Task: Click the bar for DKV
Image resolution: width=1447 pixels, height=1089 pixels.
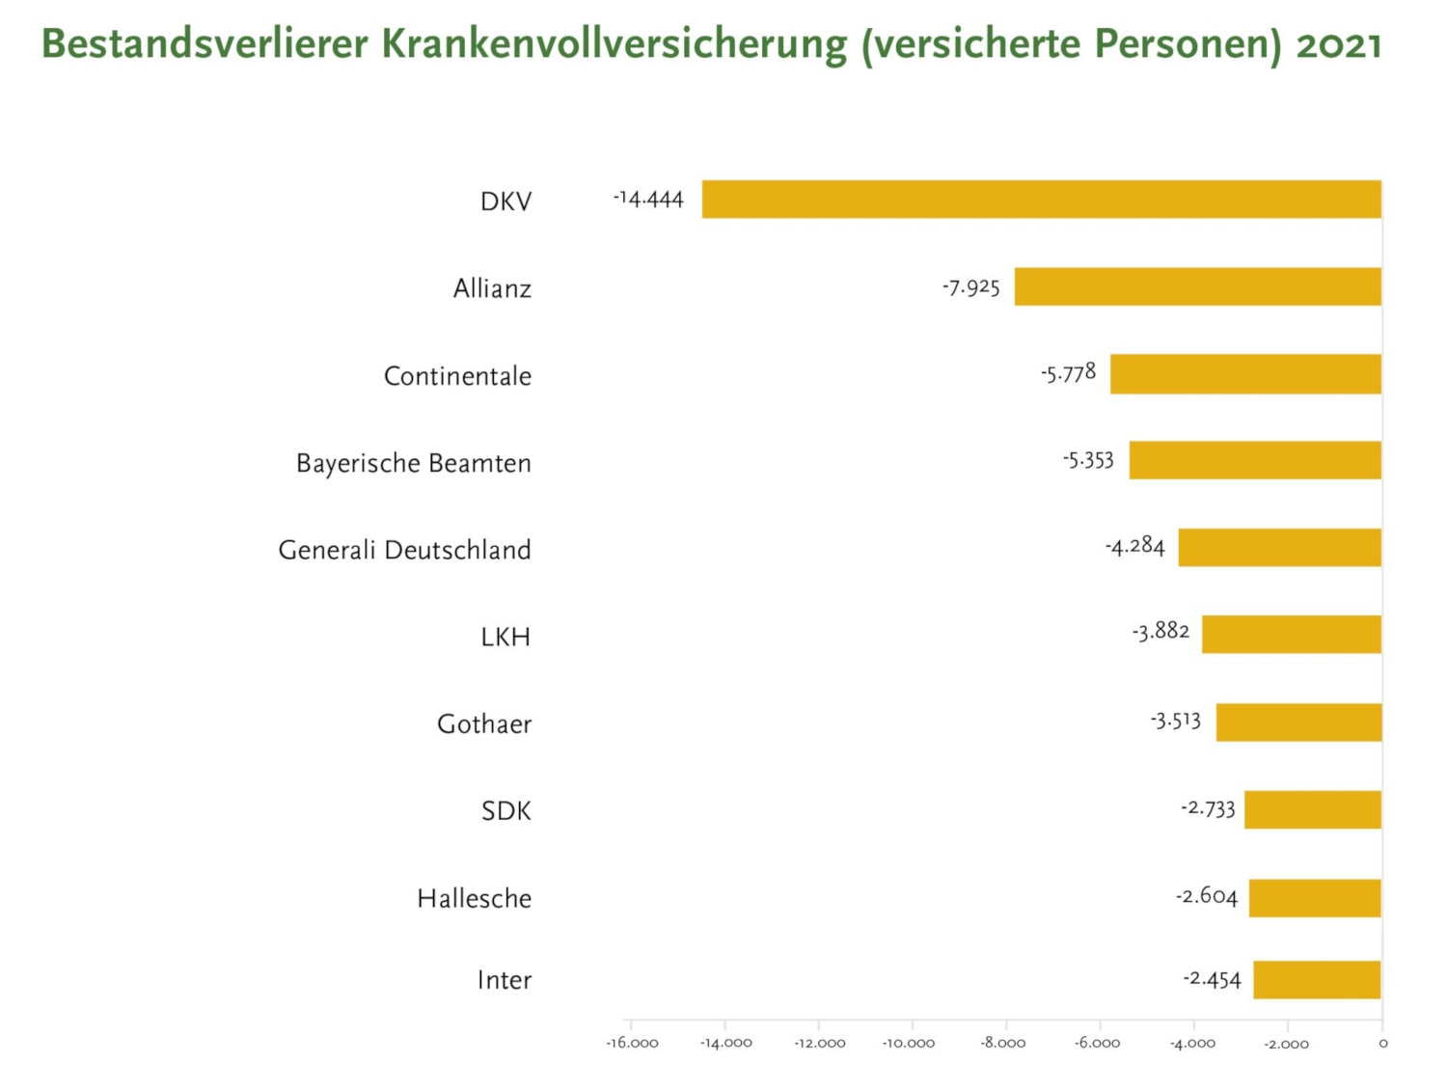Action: (1041, 200)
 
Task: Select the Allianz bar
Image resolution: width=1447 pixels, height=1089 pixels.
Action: (1197, 286)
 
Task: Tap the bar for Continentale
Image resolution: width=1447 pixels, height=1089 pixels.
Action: (1245, 374)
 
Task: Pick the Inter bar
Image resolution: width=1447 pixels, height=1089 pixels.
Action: (1317, 980)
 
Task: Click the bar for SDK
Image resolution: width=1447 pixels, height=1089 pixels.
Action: (1312, 809)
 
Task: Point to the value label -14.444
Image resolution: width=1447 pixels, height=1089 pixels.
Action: (648, 200)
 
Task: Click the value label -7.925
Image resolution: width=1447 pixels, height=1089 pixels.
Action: (971, 287)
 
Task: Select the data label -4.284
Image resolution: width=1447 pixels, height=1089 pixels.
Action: (1135, 547)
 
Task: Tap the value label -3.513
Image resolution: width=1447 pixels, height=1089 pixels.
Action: (1175, 721)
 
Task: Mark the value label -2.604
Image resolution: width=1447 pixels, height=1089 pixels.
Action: (1206, 896)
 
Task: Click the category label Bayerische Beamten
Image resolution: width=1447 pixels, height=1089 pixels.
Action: (414, 464)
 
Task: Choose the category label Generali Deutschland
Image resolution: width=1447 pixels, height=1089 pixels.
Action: (404, 551)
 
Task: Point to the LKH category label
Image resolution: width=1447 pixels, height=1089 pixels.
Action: (505, 638)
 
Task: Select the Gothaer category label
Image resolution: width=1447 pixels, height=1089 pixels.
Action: (484, 724)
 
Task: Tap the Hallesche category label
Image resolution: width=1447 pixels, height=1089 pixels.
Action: (474, 899)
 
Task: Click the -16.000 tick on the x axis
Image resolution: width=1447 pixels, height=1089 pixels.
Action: (632, 1044)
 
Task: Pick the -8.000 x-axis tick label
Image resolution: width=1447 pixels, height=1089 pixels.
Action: (1003, 1044)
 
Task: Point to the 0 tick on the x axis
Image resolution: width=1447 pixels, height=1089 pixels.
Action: (1382, 1044)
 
